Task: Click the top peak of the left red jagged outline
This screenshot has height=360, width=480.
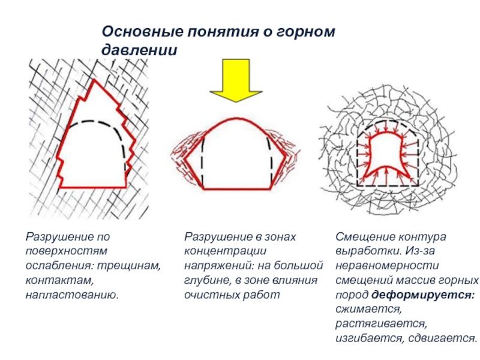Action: tap(93, 81)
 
